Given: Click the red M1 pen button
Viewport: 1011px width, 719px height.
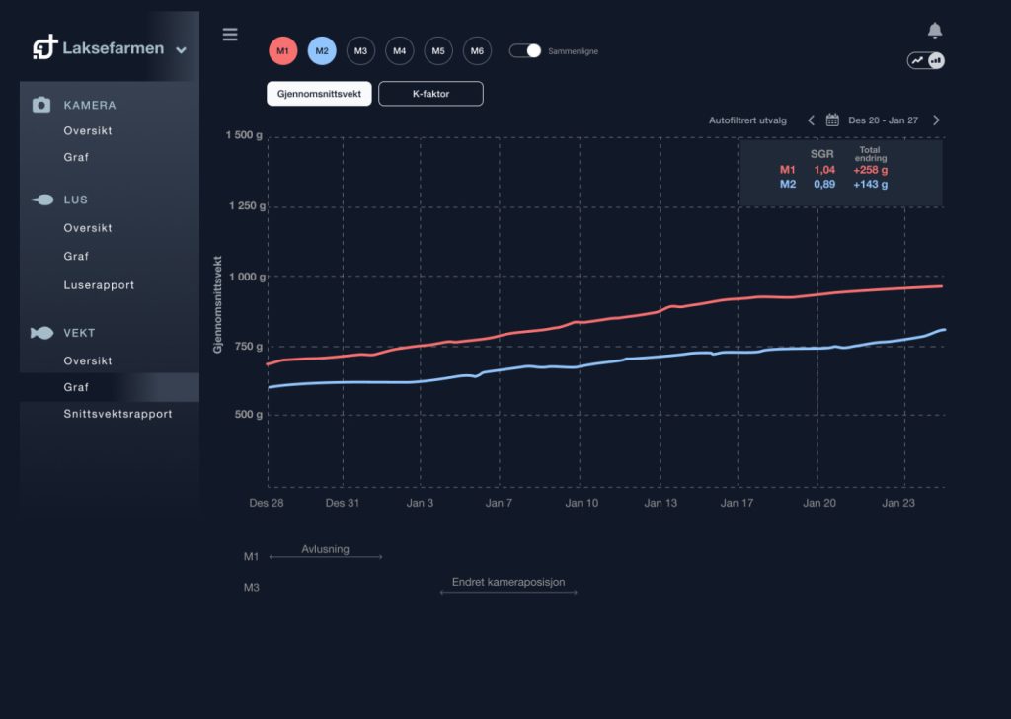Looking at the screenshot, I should (283, 51).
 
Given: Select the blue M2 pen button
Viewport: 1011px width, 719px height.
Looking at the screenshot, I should (322, 51).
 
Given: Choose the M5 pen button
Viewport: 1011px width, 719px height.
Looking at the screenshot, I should (438, 51).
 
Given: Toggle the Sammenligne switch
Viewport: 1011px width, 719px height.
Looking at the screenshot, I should (525, 50).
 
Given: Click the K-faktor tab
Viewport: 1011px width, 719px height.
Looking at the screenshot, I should (430, 94).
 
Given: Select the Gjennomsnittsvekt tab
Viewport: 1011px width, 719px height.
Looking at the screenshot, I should (319, 94).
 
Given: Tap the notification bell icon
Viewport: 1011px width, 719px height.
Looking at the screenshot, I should (935, 31).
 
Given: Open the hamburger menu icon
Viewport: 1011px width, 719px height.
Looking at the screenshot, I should (230, 35).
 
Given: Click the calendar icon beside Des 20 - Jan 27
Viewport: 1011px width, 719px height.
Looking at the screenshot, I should (832, 120).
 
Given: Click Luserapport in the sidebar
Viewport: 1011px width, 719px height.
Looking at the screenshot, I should (99, 285).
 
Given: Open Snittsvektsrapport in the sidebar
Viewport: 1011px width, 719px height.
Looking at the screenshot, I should (117, 414).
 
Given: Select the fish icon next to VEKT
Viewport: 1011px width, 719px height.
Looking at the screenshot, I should (42, 333).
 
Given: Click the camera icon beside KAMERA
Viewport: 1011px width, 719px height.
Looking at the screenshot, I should (41, 105).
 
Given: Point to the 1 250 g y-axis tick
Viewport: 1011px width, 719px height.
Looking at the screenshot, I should (248, 206).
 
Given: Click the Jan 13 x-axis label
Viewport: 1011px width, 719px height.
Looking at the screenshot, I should (661, 503).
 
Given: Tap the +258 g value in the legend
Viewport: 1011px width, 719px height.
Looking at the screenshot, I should (870, 170).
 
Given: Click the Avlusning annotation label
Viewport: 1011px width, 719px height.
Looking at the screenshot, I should (325, 549).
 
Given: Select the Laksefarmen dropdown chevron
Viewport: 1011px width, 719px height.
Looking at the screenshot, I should (181, 49).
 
